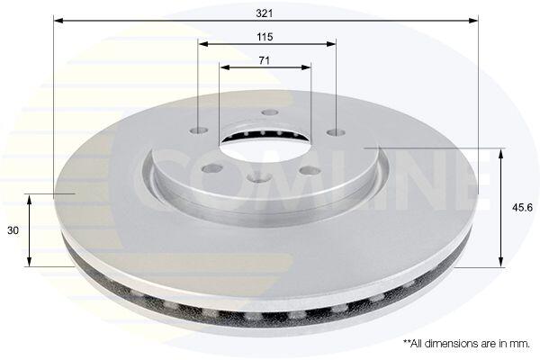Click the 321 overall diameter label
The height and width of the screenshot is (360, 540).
tap(264, 13)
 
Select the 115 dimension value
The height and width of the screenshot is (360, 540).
tap(265, 37)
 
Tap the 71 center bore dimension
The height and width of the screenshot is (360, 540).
tap(264, 60)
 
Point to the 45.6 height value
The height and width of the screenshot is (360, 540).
tap(522, 207)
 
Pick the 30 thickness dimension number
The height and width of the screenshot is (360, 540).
tap(13, 230)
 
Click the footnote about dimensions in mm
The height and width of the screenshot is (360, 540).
tap(466, 344)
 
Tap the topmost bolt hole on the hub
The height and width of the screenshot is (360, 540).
tap(269, 112)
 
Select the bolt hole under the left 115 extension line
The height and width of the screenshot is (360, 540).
tap(199, 130)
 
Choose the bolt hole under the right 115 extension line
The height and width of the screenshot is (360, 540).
tap(336, 132)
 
